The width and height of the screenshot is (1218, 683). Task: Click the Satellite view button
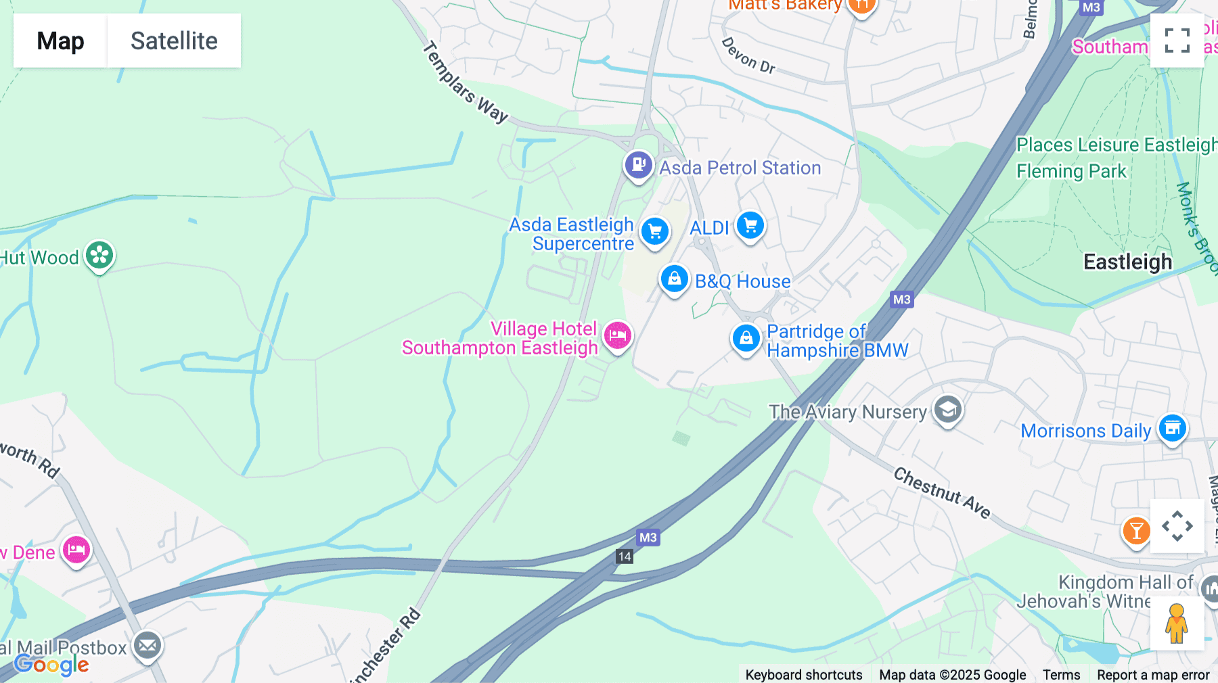(174, 41)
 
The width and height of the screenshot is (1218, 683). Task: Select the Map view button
(60, 41)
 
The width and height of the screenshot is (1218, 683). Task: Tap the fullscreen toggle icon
(1177, 41)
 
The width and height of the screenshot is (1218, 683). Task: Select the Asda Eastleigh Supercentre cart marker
(655, 232)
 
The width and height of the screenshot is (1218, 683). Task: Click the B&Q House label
(742, 281)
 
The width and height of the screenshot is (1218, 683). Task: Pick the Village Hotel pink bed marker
(618, 335)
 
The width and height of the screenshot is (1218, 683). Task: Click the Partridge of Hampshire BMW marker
(746, 338)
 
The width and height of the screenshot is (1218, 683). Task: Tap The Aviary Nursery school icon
(947, 410)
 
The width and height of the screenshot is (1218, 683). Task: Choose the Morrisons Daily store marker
(1172, 429)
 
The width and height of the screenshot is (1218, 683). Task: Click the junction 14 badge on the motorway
(625, 557)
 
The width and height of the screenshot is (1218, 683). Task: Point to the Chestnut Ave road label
(942, 493)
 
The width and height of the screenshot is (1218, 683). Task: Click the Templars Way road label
(465, 83)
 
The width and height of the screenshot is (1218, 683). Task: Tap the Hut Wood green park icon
(100, 256)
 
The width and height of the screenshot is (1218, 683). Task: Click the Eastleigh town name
(1127, 262)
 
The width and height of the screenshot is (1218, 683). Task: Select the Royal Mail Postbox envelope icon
(147, 646)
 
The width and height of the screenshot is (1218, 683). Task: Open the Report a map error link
(1152, 674)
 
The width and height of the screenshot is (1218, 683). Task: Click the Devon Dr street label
(748, 55)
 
